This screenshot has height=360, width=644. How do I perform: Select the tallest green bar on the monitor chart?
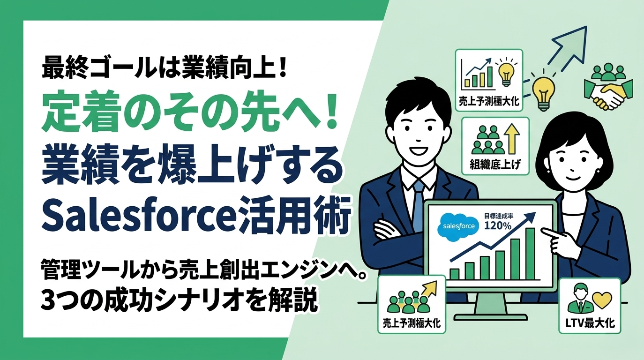tap(531, 254)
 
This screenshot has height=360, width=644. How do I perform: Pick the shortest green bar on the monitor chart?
tap(454, 274)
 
